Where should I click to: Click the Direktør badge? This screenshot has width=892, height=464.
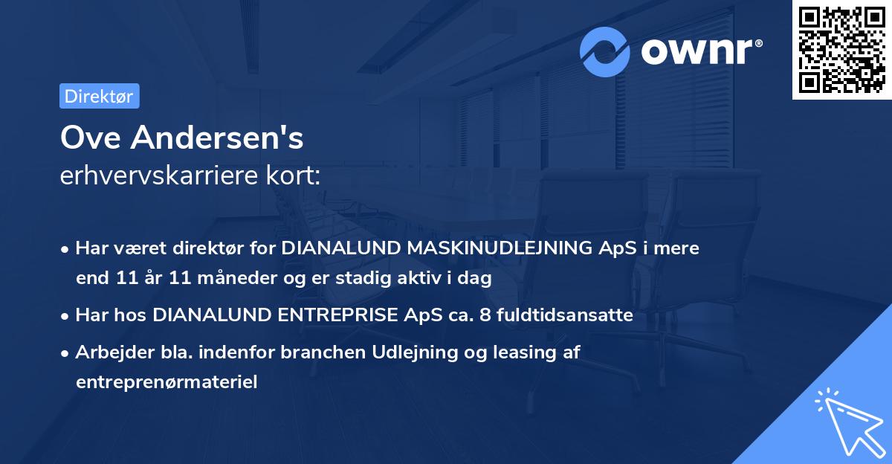click(x=99, y=96)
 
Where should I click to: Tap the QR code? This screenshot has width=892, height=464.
click(x=841, y=50)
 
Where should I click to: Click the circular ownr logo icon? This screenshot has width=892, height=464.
click(x=605, y=52)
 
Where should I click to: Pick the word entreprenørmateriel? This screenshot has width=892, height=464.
click(x=166, y=382)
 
